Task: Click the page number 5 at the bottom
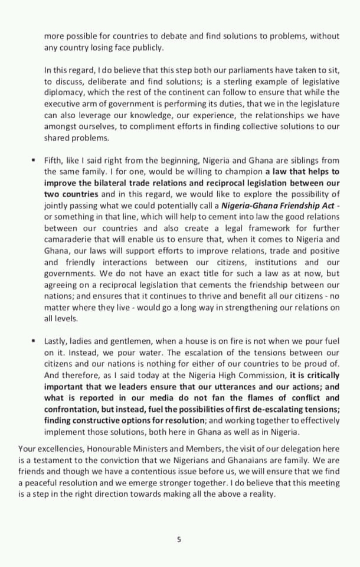[179, 539]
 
